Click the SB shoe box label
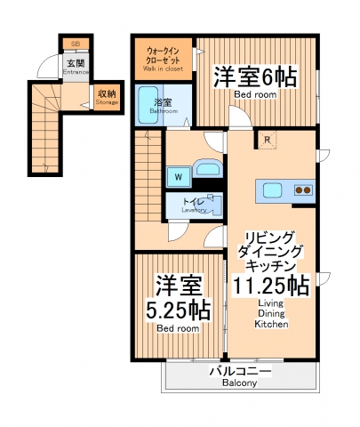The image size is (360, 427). (x=75, y=42)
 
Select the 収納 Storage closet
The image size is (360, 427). (x=106, y=96)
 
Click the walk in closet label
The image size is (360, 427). (x=163, y=56)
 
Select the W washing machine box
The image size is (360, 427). (x=178, y=176)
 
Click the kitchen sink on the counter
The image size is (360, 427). (x=272, y=189)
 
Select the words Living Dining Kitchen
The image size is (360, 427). (x=271, y=313)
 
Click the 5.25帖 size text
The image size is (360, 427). (x=178, y=311)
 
